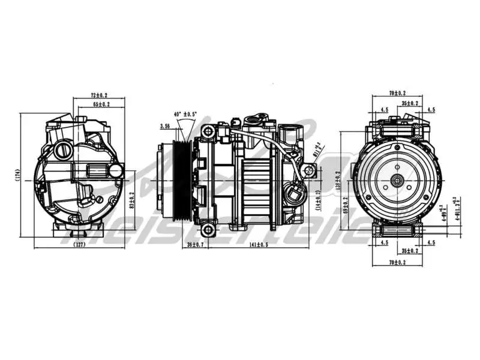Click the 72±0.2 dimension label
(99, 95)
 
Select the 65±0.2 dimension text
(101, 104)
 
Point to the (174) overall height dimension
(19, 175)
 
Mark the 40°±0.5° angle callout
(185, 114)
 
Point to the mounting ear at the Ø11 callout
(310, 171)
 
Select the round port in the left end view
(62, 151)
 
